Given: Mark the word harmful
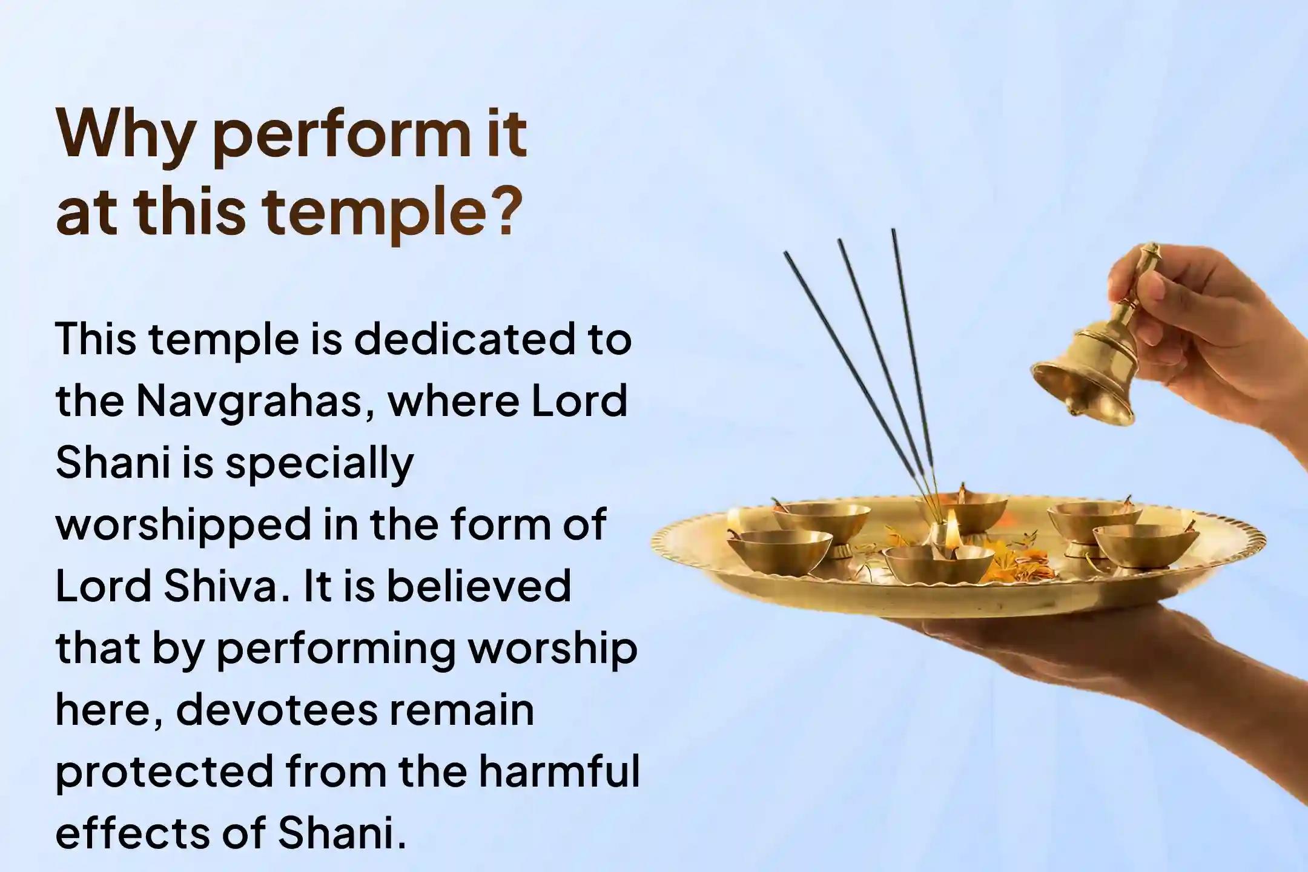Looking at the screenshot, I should tap(557, 771).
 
